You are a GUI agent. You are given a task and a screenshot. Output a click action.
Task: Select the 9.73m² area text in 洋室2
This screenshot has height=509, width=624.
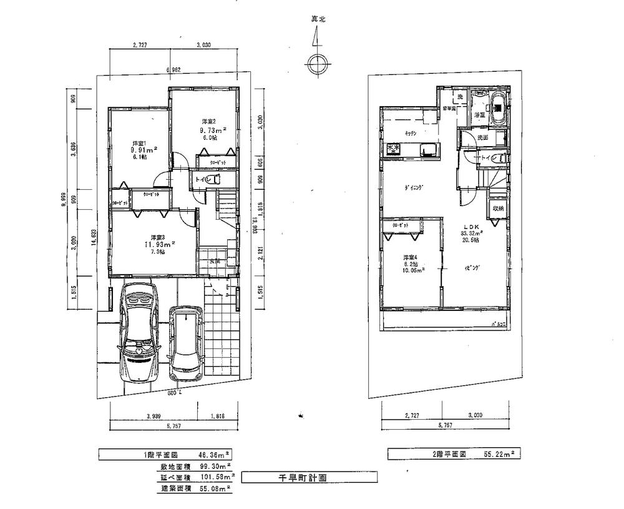[212, 130]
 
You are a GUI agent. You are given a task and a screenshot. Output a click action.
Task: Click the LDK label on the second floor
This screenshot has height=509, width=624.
[471, 227]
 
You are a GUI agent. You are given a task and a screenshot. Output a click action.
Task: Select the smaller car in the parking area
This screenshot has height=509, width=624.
[185, 343]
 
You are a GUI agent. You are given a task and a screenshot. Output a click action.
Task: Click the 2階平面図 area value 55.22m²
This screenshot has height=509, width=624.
[497, 453]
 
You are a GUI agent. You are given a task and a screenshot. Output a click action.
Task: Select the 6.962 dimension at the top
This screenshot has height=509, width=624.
[173, 70]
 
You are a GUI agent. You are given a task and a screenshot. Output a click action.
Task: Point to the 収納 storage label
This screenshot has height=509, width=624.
[497, 209]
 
